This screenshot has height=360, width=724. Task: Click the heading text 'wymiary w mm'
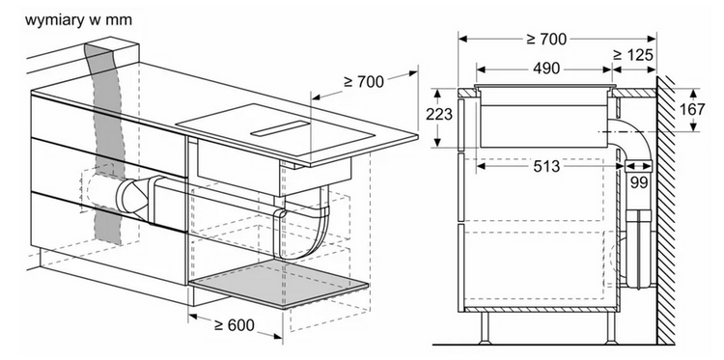(78, 20)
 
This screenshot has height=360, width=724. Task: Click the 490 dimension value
(546, 69)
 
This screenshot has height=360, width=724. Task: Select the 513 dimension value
(546, 166)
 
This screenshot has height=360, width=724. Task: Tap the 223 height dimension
(439, 114)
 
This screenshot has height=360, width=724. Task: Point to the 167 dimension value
(692, 109)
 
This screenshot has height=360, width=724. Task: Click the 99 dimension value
(639, 182)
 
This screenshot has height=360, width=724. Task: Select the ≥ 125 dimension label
(633, 55)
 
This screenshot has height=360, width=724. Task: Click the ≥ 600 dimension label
(235, 325)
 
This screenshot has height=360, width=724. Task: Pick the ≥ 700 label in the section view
(546, 40)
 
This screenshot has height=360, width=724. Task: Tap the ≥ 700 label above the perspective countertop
(364, 81)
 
